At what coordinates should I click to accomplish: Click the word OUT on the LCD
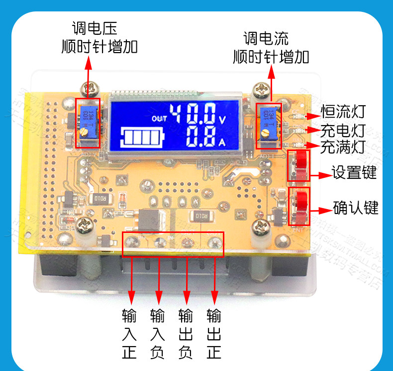[160, 119]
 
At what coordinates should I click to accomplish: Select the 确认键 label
[355, 208]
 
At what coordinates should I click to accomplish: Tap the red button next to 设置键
[300, 165]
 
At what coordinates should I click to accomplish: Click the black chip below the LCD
[151, 219]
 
